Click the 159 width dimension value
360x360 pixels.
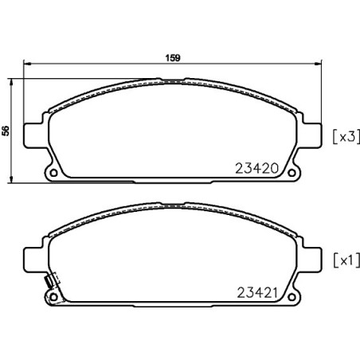tap(173, 57)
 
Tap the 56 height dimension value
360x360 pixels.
tap(6, 131)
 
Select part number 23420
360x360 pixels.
tap(257, 168)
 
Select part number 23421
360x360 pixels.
tap(257, 293)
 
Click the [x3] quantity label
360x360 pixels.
tap(346, 137)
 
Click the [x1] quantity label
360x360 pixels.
tap(346, 260)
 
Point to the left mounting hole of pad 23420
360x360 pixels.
tap(53, 173)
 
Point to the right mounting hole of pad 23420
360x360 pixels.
tap(292, 173)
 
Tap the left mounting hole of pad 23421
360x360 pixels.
tap(53, 297)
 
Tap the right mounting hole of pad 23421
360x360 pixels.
tap(292, 297)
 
